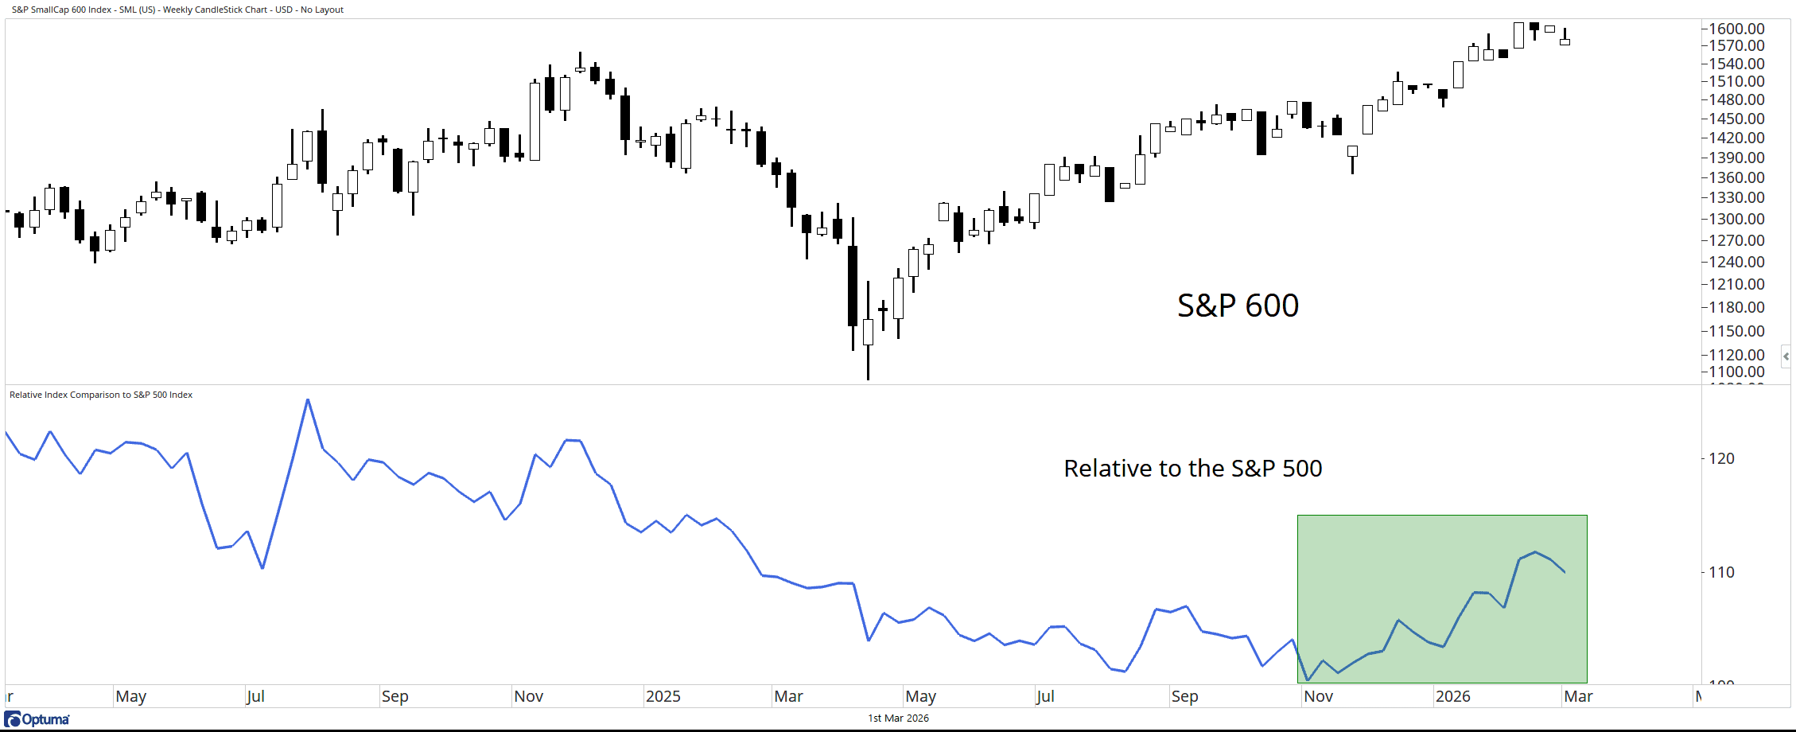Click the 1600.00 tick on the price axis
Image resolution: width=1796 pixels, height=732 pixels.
(x=1736, y=29)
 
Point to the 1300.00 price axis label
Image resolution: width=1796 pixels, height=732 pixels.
(x=1736, y=219)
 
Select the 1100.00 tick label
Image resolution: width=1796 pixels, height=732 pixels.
(x=1736, y=372)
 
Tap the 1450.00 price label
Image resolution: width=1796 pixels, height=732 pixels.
(x=1736, y=119)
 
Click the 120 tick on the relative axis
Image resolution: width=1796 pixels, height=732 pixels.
(x=1721, y=458)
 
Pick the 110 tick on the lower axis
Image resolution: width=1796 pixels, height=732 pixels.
(x=1721, y=572)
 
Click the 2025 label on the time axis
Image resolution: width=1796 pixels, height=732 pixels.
(x=663, y=696)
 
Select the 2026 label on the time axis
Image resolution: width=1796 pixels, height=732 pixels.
(x=1452, y=696)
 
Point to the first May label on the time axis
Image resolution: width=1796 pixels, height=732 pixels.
(x=130, y=696)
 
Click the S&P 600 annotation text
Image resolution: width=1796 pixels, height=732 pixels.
(x=1238, y=306)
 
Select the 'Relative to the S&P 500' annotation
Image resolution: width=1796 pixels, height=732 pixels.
(x=1192, y=469)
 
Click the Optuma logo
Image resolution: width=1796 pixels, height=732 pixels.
(x=37, y=719)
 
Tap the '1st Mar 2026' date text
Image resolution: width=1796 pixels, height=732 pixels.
(x=898, y=718)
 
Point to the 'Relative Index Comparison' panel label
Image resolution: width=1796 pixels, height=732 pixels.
(x=101, y=395)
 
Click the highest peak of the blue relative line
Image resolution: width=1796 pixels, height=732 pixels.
(x=308, y=399)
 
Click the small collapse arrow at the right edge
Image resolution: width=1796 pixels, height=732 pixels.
(x=1786, y=356)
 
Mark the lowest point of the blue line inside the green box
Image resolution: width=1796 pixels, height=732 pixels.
(x=1308, y=680)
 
